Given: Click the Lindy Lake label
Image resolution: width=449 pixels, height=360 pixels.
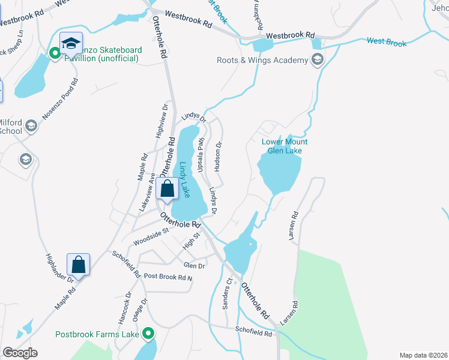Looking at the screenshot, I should [x=185, y=180].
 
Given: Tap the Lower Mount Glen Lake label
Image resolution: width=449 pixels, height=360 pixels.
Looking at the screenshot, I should [x=285, y=146].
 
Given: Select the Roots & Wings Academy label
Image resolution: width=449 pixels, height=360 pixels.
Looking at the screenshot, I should [x=262, y=59].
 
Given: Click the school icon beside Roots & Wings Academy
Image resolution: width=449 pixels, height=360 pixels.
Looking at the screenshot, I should [x=317, y=59].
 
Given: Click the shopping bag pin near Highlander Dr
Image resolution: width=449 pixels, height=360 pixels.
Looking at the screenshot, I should [x=79, y=263].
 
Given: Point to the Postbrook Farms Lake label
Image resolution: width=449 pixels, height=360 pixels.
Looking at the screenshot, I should [x=97, y=334].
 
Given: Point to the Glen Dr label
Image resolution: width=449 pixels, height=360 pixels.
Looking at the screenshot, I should [x=194, y=265].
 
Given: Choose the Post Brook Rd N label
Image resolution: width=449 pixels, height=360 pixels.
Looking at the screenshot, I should [x=168, y=277].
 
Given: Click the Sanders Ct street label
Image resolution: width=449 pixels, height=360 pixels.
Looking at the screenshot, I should [x=228, y=293].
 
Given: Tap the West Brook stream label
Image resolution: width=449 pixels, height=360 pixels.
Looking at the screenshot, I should [x=387, y=43].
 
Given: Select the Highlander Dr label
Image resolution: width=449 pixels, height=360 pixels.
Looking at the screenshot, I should [x=59, y=268].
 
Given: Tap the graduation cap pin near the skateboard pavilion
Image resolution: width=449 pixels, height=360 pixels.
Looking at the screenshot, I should [x=71, y=43].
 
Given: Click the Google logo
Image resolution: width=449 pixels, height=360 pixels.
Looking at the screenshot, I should [x=19, y=353].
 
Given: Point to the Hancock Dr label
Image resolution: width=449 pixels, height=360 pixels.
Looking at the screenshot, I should [x=124, y=305].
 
